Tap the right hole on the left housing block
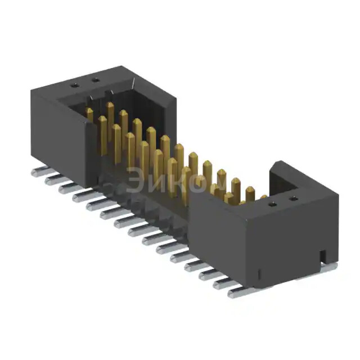95,80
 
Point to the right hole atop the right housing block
292,199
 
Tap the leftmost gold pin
89,113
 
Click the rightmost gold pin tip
263,197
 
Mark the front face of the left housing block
56,135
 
